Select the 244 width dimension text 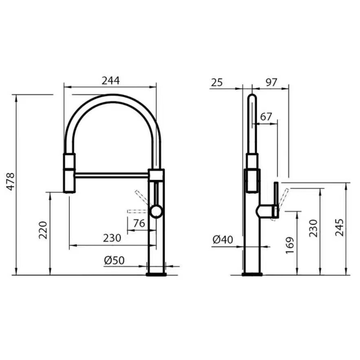[x=110, y=80]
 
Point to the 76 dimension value [x=139, y=223]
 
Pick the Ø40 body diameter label [x=223, y=240]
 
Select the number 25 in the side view [x=217, y=82]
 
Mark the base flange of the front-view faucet [x=156, y=275]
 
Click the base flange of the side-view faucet [x=252, y=275]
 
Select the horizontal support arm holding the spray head [x=112, y=175]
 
